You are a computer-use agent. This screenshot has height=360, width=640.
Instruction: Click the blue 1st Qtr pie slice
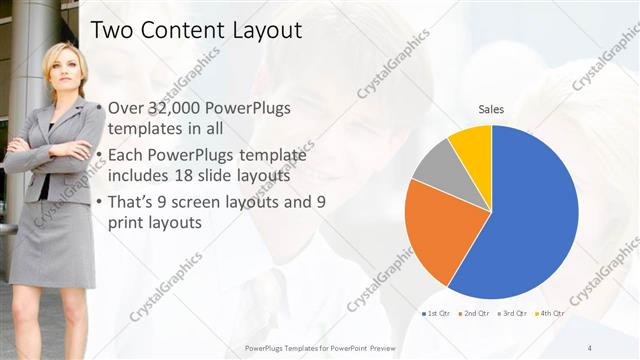pos(530,220)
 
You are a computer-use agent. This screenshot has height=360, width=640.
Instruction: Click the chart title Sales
pos(491,109)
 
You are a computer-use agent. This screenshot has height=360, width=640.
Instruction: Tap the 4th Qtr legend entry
pos(548,315)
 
